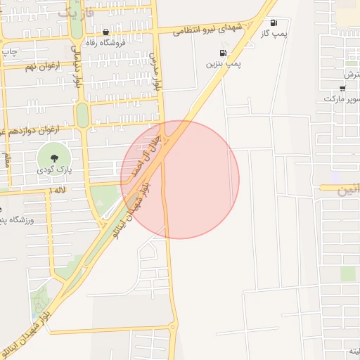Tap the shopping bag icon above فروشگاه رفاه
(x=105, y=32)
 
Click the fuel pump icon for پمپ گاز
(x=274, y=22)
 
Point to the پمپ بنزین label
(x=224, y=63)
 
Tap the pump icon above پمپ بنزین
(x=223, y=53)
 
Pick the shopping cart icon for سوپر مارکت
(x=342, y=89)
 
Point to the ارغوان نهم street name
(x=42, y=66)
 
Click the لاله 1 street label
(x=58, y=190)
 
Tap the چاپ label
(x=8, y=51)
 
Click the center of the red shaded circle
(x=180, y=179)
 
